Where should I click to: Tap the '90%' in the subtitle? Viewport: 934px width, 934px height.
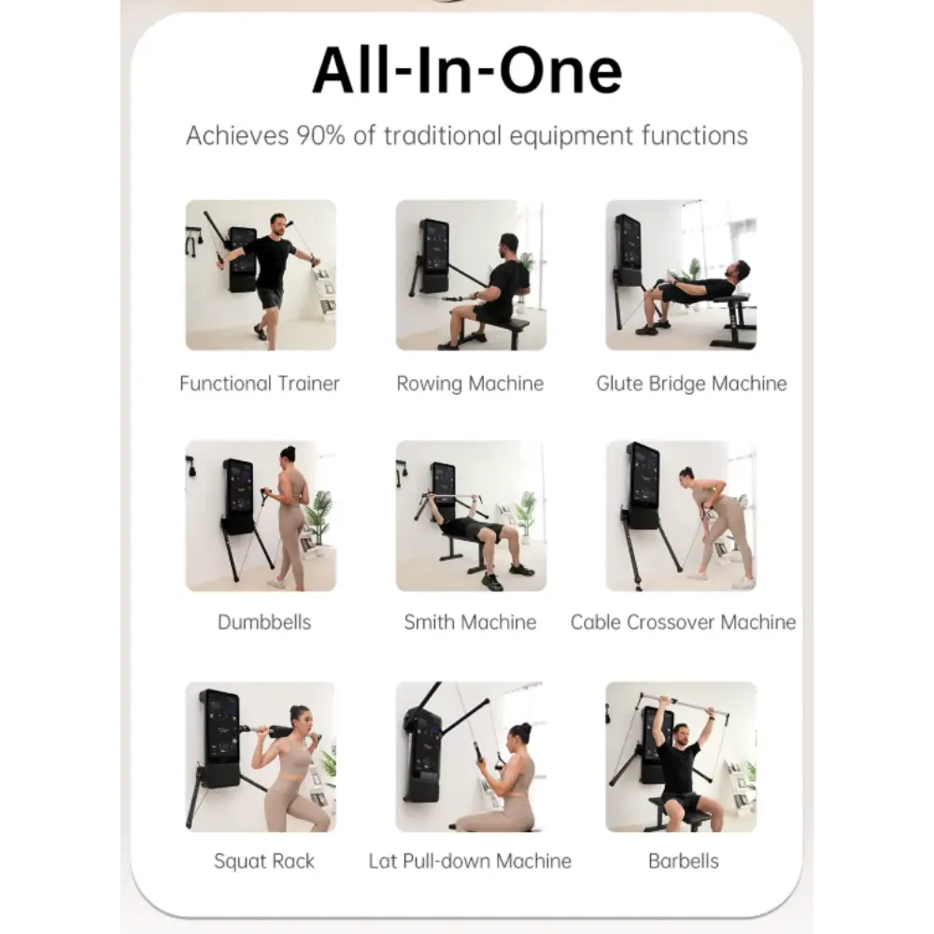(x=320, y=135)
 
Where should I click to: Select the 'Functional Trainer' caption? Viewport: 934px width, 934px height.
(x=259, y=383)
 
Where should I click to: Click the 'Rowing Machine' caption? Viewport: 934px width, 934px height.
(x=470, y=384)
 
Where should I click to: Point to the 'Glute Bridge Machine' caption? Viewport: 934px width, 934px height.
(x=691, y=384)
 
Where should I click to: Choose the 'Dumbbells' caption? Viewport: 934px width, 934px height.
(x=264, y=622)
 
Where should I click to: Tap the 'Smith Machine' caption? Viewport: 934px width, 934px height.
(x=470, y=622)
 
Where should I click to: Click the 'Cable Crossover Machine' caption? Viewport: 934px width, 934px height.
(x=683, y=622)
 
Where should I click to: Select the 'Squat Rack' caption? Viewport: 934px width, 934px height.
(x=264, y=861)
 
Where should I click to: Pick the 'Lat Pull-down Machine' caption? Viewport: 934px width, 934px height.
(x=470, y=861)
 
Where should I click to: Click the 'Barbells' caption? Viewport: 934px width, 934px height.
(x=684, y=861)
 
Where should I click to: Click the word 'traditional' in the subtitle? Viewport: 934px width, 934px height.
(x=443, y=135)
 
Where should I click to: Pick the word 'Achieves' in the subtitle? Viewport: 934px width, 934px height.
(x=237, y=135)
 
